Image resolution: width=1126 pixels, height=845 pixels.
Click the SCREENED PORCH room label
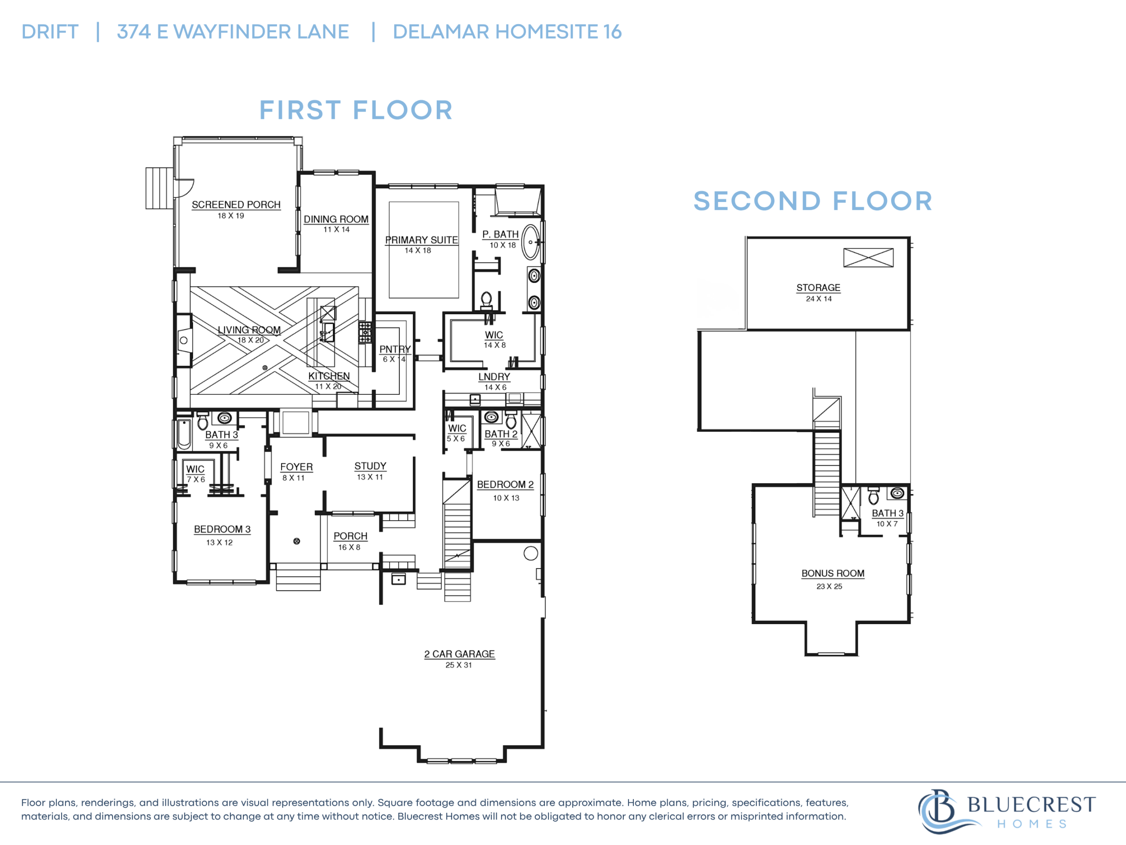(x=236, y=205)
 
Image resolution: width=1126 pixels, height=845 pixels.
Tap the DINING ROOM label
(x=336, y=220)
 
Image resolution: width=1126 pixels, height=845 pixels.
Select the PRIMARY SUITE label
(x=421, y=240)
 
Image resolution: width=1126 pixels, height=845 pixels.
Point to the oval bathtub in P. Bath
(x=531, y=242)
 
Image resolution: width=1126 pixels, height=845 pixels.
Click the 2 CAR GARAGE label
(x=460, y=654)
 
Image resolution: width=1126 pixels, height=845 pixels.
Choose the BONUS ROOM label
(x=833, y=573)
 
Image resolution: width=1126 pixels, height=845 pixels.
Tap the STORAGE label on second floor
(x=819, y=288)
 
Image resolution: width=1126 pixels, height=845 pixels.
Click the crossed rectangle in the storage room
(x=868, y=258)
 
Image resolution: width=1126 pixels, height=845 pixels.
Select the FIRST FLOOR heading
(x=356, y=110)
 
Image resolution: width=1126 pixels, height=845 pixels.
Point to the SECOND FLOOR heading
(x=813, y=201)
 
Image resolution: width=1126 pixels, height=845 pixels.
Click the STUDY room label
(x=371, y=467)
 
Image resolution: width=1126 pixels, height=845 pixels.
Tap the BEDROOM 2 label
(x=505, y=485)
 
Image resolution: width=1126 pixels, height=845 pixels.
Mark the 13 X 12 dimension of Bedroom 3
(x=219, y=543)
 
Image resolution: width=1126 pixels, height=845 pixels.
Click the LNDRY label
(x=494, y=377)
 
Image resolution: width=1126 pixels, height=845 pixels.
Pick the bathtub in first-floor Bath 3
(x=184, y=434)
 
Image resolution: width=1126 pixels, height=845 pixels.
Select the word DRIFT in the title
(x=50, y=32)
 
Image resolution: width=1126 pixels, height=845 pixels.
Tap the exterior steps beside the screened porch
(x=159, y=188)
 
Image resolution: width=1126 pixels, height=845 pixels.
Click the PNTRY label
(x=395, y=349)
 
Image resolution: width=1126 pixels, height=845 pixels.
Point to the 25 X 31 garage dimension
(x=459, y=665)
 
